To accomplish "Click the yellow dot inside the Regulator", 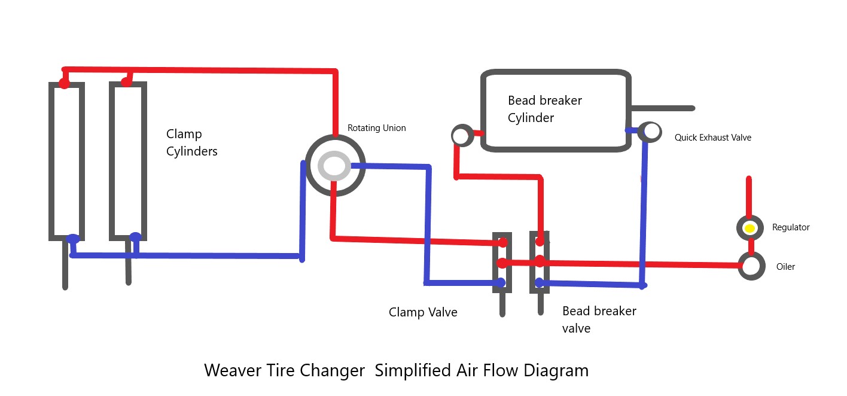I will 749,228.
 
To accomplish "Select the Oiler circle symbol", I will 751,266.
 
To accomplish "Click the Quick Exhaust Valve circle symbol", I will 650,131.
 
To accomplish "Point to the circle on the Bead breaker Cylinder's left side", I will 461,136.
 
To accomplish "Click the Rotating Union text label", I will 376,128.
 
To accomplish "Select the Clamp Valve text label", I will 423,312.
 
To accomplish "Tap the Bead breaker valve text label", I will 599,319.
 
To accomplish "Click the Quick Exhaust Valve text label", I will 712,138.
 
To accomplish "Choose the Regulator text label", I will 790,227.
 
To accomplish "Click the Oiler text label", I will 785,267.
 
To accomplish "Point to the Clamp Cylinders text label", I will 191,142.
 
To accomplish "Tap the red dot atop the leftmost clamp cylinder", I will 64,83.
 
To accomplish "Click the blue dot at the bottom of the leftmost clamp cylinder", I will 72,239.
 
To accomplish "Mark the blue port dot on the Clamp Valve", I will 501,282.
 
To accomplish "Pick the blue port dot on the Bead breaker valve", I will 539,282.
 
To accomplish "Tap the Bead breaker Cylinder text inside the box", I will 544,109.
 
